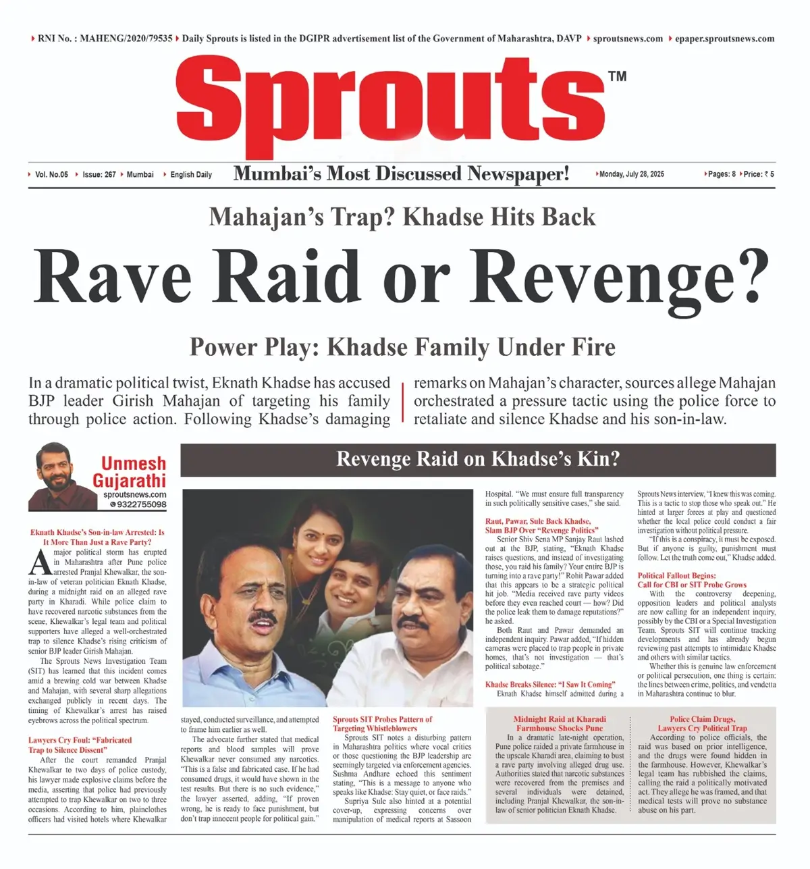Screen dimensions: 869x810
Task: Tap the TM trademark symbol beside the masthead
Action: (x=617, y=76)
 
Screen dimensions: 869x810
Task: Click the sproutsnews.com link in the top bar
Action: (x=628, y=38)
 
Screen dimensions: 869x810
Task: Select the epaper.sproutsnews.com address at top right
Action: (x=725, y=38)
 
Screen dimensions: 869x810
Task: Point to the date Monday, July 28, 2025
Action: (x=632, y=174)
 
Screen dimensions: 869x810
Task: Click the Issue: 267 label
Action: (x=99, y=174)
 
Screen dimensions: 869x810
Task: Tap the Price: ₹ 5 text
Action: (x=759, y=174)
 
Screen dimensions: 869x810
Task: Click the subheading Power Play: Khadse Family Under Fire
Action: (x=402, y=347)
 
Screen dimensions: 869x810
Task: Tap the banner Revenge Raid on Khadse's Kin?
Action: (x=478, y=460)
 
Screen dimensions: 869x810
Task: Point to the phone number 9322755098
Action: (x=141, y=504)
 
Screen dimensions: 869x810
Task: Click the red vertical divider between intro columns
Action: (x=402, y=401)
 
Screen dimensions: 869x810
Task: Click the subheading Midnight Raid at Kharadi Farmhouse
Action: (x=559, y=724)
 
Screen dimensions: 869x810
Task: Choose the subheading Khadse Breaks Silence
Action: (x=549, y=684)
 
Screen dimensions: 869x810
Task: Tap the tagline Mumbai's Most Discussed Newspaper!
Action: (x=401, y=174)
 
